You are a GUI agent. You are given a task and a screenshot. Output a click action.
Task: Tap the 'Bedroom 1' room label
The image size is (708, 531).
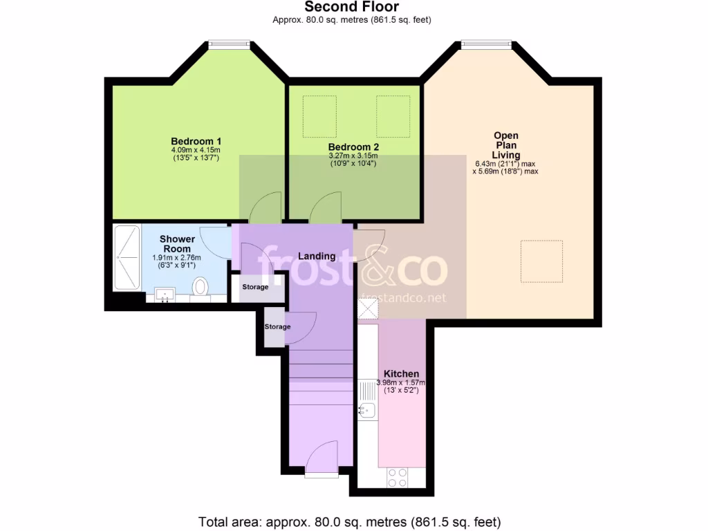(x=196, y=141)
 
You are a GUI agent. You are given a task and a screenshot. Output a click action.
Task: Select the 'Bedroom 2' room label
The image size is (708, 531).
(x=353, y=147)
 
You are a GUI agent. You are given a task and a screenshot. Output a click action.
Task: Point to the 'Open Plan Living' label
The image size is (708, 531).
(x=505, y=145)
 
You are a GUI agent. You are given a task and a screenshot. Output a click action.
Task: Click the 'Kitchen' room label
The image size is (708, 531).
(x=402, y=373)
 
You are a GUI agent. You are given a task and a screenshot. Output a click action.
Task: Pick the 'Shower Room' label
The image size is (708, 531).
(x=177, y=244)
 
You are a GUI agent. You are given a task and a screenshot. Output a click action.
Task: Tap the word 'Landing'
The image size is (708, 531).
(x=317, y=256)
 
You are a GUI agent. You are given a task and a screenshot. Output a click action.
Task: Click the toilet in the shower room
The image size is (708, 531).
(x=200, y=286)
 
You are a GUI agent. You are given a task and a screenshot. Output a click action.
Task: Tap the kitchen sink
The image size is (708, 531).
(x=366, y=411)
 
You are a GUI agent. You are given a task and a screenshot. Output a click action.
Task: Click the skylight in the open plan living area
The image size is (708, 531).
(x=541, y=261)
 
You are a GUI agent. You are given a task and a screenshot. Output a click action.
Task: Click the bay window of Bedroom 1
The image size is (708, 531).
(x=230, y=46)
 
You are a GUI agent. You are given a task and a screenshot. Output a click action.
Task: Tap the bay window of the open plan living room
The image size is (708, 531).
(x=487, y=46)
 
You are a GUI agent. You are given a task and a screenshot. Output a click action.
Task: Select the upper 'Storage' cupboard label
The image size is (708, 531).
(x=255, y=287)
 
